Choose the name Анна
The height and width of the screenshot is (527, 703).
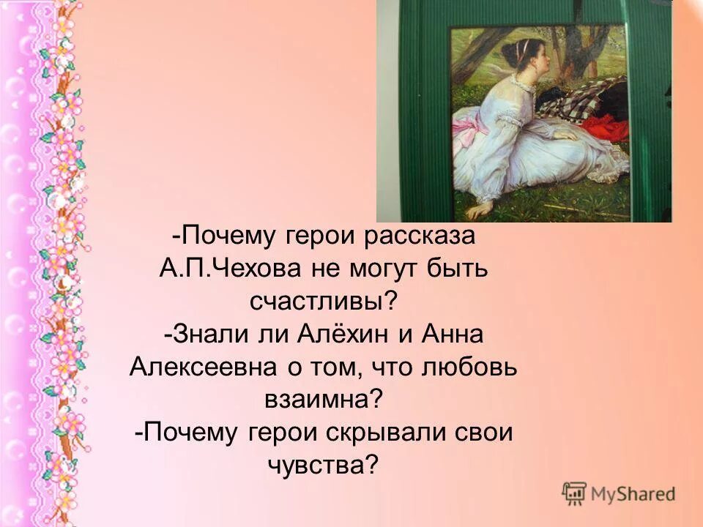(452, 335)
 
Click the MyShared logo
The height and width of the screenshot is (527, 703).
(619, 493)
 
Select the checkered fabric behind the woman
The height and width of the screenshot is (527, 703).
(586, 99)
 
